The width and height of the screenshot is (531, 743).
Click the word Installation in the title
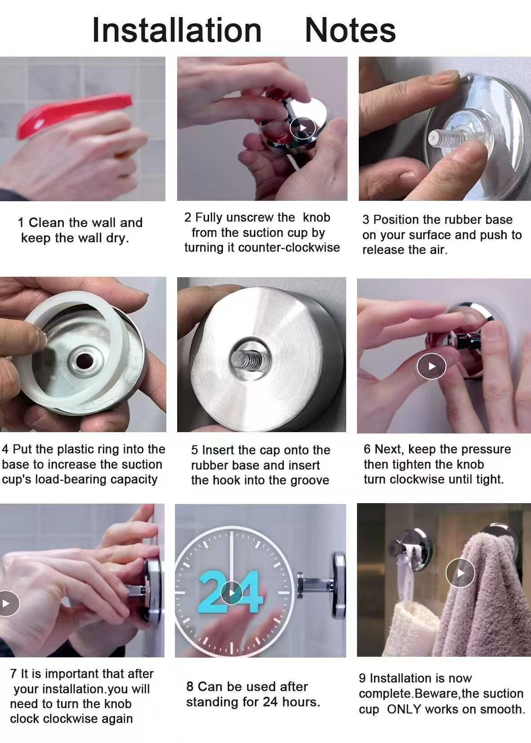(x=177, y=30)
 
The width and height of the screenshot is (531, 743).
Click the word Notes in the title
(x=350, y=30)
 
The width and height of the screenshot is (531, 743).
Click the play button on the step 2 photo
(x=303, y=128)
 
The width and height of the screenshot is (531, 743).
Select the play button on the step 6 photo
(x=431, y=366)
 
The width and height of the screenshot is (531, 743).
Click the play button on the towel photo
(x=460, y=572)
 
